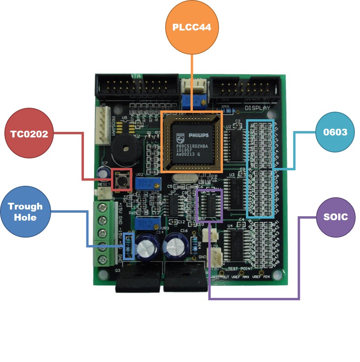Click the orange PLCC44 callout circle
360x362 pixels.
point(192,28)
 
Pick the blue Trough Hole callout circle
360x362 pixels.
point(25,212)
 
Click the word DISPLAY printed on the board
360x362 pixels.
point(257,108)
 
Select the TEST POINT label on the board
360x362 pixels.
point(240,269)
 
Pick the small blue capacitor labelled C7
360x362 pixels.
point(104,172)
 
